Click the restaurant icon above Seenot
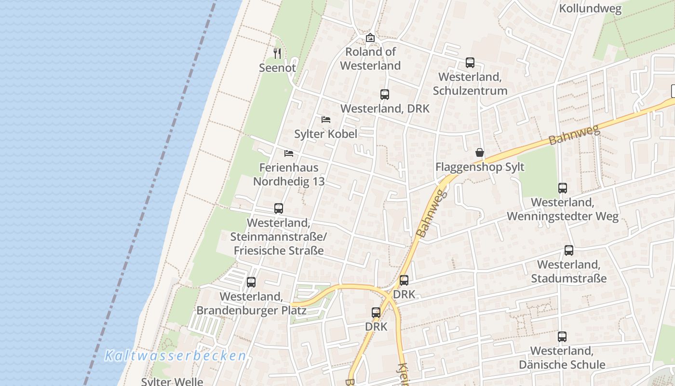click(277, 53)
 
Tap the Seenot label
click(277, 68)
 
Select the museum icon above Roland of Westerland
click(370, 38)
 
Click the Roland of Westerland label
click(370, 58)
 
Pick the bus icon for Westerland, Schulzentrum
click(470, 63)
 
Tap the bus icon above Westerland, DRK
click(384, 95)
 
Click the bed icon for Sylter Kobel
click(326, 119)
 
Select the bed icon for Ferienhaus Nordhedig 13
click(289, 153)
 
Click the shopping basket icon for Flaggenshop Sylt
click(480, 153)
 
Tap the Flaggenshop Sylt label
click(480, 167)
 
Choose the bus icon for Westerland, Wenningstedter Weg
click(563, 188)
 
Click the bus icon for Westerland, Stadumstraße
click(569, 250)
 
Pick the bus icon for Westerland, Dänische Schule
click(562, 337)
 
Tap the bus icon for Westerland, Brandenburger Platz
click(251, 282)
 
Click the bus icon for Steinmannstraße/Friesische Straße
click(279, 208)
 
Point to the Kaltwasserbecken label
click(175, 356)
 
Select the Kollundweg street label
click(590, 9)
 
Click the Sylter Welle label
click(172, 382)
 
